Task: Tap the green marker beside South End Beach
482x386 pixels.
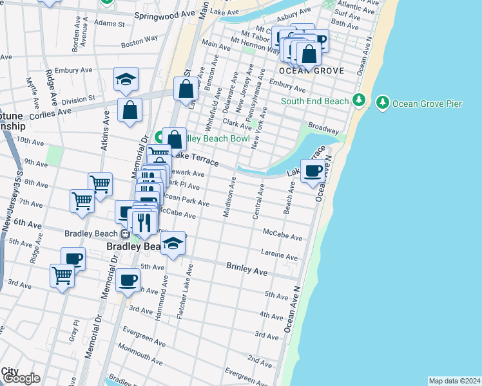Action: (x=360, y=101)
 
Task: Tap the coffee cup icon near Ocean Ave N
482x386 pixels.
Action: (x=313, y=171)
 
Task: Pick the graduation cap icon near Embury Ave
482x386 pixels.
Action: (x=126, y=79)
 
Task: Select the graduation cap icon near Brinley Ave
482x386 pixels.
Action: (x=173, y=243)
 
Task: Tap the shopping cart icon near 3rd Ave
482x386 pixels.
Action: (x=62, y=276)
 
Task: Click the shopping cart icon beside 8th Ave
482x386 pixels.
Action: (x=100, y=184)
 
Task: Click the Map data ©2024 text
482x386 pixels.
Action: (x=454, y=381)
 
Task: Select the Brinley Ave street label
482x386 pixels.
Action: (x=247, y=268)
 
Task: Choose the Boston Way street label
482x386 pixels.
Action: (x=139, y=41)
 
